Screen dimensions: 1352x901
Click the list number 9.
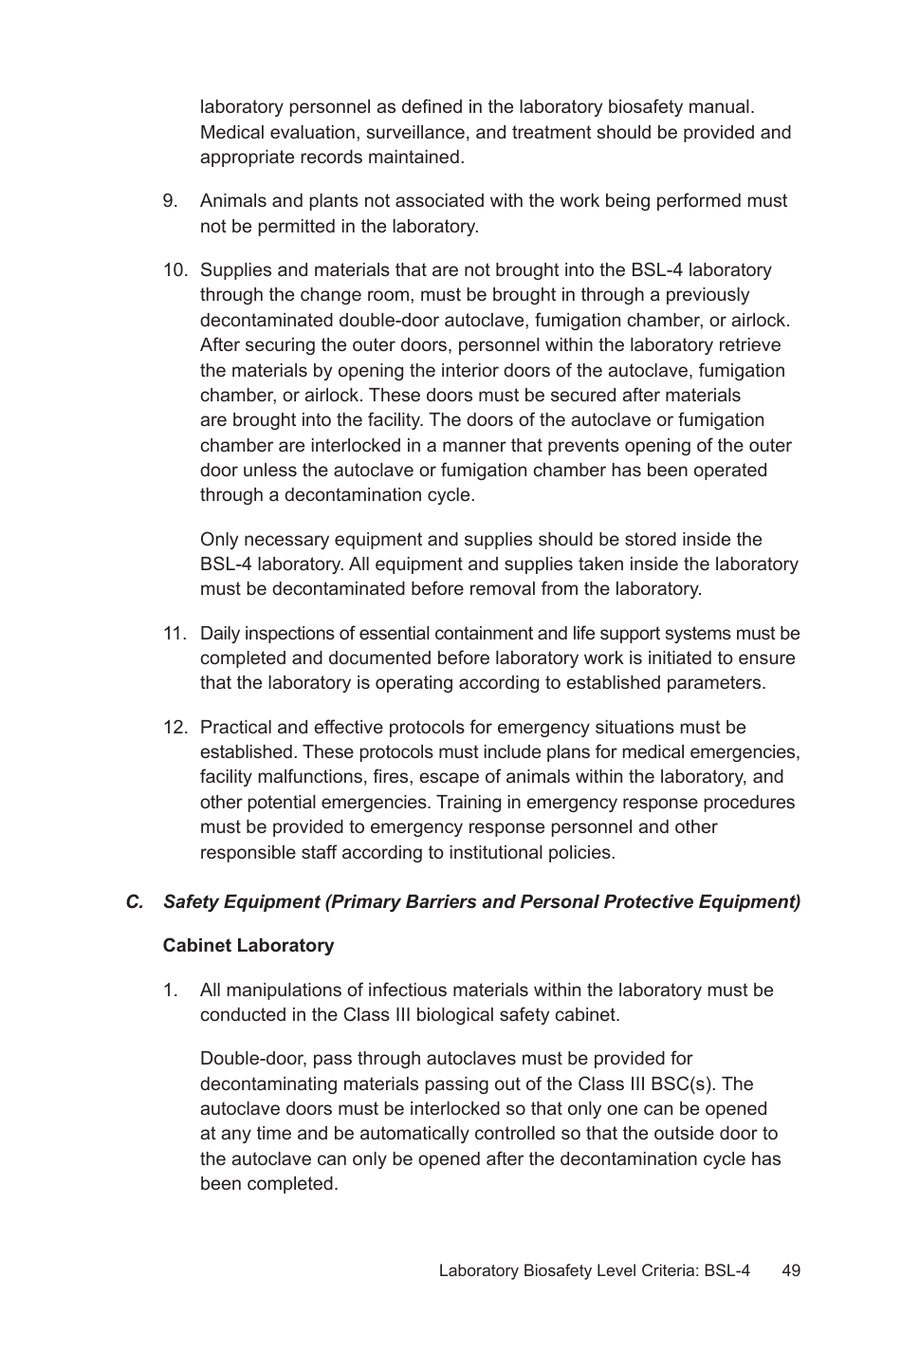pos(170,201)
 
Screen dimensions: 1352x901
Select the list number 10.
pos(175,270)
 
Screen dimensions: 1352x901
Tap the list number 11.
pos(175,634)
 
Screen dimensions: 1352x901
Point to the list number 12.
pos(175,728)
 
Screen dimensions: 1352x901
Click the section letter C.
pos(134,902)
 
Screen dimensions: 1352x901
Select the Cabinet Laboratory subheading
pos(248,946)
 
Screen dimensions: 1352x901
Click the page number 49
pos(791,1271)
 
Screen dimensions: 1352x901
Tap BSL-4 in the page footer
pos(727,1271)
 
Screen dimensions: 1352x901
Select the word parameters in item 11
pos(716,683)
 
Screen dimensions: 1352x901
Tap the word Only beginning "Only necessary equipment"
pos(219,540)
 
